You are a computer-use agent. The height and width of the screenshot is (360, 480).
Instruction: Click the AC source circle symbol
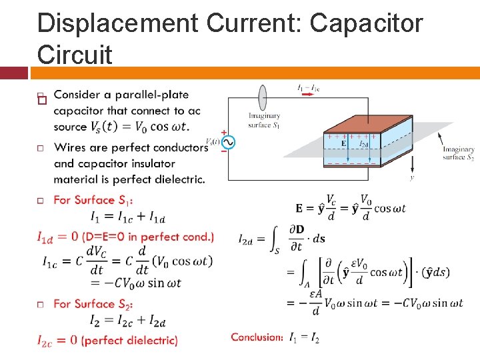[x=228, y=143]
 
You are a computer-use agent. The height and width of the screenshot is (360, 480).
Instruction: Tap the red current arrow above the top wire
[x=307, y=95]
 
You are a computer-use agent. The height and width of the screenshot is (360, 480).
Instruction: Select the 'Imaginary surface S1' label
[x=264, y=120]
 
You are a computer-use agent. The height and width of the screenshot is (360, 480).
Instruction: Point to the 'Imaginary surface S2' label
[x=458, y=153]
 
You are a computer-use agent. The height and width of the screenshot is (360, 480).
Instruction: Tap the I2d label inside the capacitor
[x=365, y=143]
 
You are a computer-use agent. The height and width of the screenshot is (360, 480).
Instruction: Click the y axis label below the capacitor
[x=413, y=178]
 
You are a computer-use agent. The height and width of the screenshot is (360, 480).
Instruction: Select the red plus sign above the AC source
[x=223, y=132]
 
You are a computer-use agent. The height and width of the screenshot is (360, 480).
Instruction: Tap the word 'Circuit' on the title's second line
[x=75, y=54]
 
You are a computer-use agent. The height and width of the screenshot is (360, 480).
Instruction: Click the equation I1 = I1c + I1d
[x=128, y=217]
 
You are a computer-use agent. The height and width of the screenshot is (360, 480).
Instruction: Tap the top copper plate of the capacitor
[x=365, y=125]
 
